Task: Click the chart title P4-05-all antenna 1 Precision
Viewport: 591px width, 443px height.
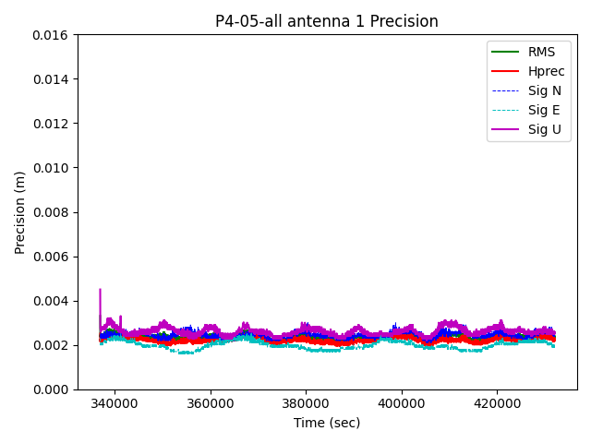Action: [x=327, y=21]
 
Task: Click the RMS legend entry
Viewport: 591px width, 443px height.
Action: [x=541, y=52]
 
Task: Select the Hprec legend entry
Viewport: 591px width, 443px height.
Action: [x=545, y=71]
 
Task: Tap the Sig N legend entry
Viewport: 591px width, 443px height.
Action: [x=544, y=90]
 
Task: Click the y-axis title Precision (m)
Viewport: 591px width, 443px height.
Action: [x=19, y=212]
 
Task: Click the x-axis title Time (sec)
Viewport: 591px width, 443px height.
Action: [x=327, y=423]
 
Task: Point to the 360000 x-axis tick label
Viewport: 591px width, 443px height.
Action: [x=211, y=403]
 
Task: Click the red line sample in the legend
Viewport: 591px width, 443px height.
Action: [x=504, y=71]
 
